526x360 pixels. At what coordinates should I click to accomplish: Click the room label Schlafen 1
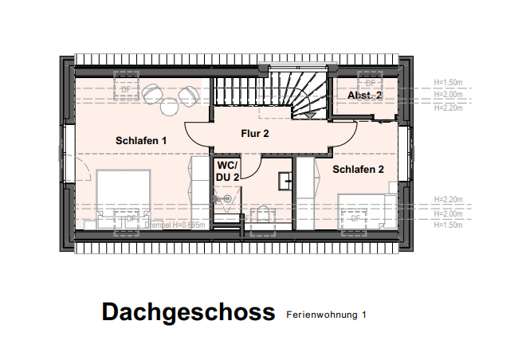[141, 141]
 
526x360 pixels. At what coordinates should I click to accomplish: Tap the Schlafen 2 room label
[359, 170]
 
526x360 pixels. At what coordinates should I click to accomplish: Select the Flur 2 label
[255, 134]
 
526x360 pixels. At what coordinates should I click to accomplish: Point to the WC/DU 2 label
[228, 170]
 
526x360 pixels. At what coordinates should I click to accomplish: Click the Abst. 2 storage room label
[364, 96]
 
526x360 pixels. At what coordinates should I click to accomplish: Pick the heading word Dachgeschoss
[188, 313]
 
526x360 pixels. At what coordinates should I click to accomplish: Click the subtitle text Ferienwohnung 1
[326, 315]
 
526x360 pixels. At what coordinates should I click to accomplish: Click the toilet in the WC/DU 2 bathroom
[262, 217]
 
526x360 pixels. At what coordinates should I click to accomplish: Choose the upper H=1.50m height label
[449, 82]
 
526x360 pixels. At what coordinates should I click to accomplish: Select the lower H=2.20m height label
[449, 198]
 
